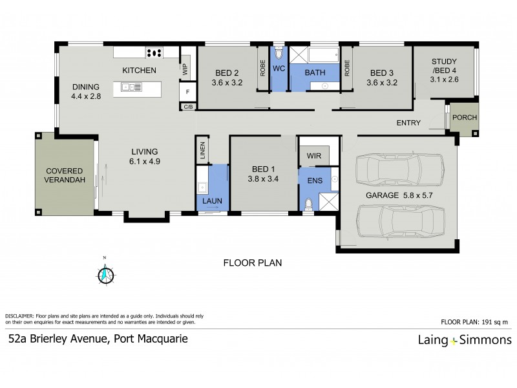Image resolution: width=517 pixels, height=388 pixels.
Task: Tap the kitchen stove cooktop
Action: pyautogui.click(x=154, y=54)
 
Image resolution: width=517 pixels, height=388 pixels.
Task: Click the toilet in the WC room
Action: pyautogui.click(x=278, y=54)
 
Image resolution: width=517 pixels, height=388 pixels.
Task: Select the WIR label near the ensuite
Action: pyautogui.click(x=313, y=155)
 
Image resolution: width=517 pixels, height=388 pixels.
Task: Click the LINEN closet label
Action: pyautogui.click(x=203, y=150)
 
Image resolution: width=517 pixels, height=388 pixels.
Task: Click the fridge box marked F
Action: pyautogui.click(x=187, y=92)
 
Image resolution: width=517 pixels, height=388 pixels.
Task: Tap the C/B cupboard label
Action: pyautogui.click(x=187, y=107)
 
